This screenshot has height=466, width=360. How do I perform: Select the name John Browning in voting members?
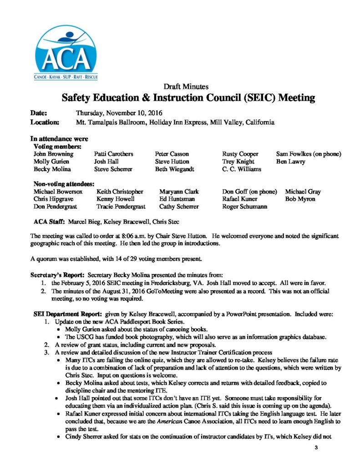pyautogui.click(x=53, y=154)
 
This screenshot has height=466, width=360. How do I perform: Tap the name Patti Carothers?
pyautogui.click(x=113, y=154)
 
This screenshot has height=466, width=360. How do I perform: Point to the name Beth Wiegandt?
pyautogui.click(x=173, y=169)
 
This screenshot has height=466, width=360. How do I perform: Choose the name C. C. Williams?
pyautogui.click(x=241, y=169)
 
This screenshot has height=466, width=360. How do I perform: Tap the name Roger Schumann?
pyautogui.click(x=244, y=207)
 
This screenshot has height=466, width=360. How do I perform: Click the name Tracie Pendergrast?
pyautogui.click(x=121, y=207)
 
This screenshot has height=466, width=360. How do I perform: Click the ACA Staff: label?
pyautogui.click(x=50, y=222)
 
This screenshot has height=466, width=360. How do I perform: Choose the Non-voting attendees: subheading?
pyautogui.click(x=64, y=184)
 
